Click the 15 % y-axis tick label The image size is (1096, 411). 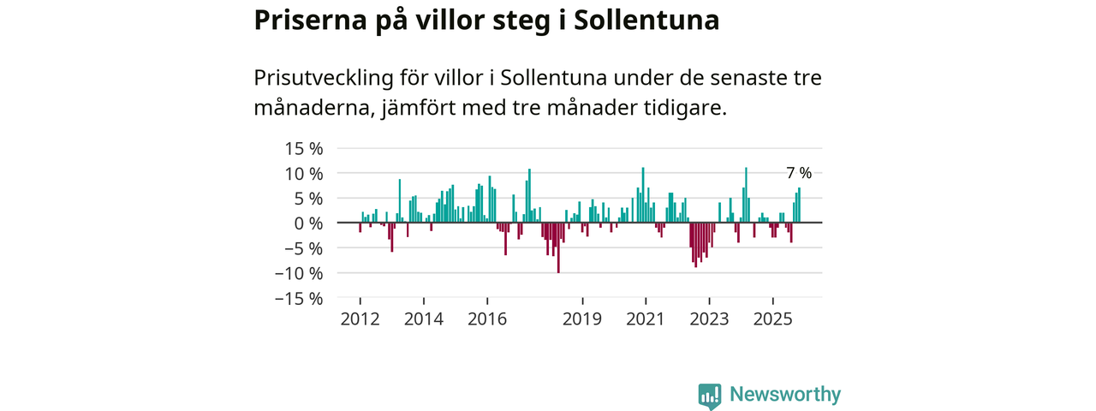[x=304, y=148]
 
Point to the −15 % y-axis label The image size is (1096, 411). [x=299, y=299]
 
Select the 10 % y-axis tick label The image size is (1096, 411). [x=304, y=174]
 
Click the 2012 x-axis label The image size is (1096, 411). [x=360, y=319]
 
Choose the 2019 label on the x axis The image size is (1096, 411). [x=583, y=319]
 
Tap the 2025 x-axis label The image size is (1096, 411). [x=773, y=319]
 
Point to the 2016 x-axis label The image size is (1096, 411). [x=487, y=319]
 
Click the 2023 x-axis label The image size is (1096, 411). [x=710, y=319]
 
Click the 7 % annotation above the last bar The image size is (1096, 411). [x=799, y=174]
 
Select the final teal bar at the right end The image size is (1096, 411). [x=800, y=205]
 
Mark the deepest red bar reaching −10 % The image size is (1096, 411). [x=558, y=247]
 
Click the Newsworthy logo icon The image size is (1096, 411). [x=710, y=396]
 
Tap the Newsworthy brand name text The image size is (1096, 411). [x=785, y=395]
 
